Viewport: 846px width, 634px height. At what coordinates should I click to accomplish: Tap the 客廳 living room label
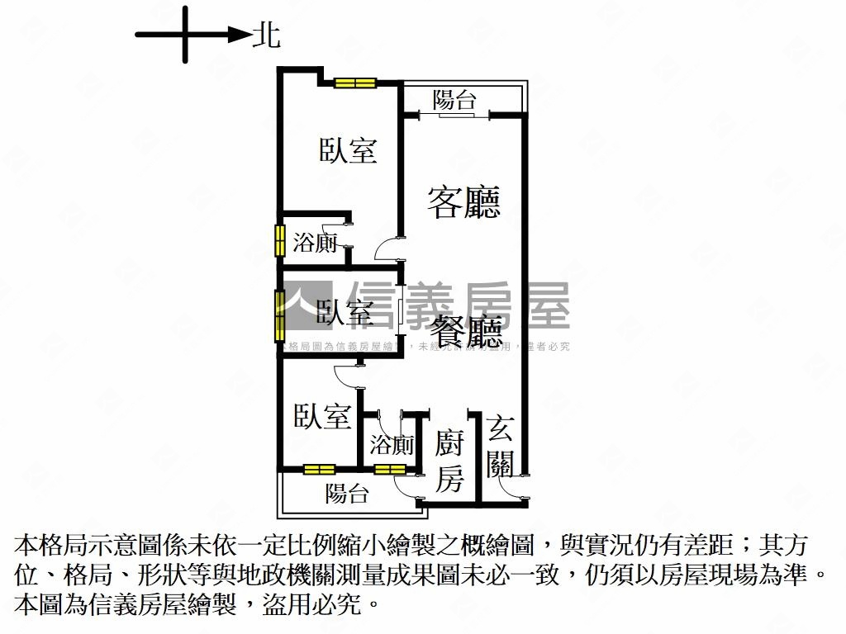point(464,201)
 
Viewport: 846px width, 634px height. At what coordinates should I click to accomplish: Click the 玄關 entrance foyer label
point(501,446)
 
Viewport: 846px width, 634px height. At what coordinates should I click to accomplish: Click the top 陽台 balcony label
point(455,101)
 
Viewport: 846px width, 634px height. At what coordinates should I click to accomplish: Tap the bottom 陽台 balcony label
point(347,494)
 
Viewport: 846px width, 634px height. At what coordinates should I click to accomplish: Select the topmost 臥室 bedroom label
point(349,150)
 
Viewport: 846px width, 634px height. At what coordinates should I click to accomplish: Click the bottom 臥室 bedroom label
point(322,416)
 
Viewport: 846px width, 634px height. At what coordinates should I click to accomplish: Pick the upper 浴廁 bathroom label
point(316,243)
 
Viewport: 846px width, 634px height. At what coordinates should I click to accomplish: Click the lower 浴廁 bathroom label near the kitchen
point(392,446)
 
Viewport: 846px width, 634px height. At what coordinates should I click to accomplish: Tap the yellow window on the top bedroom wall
point(355,83)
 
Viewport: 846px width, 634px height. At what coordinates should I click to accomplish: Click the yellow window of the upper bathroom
point(280,240)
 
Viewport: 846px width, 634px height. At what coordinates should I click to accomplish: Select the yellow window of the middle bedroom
point(280,314)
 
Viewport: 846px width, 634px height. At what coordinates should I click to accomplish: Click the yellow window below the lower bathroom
point(386,470)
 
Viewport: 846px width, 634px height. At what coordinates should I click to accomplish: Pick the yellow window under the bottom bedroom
point(319,470)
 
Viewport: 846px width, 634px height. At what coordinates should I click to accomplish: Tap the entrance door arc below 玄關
point(512,487)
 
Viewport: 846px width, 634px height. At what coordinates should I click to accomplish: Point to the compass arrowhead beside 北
point(240,35)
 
